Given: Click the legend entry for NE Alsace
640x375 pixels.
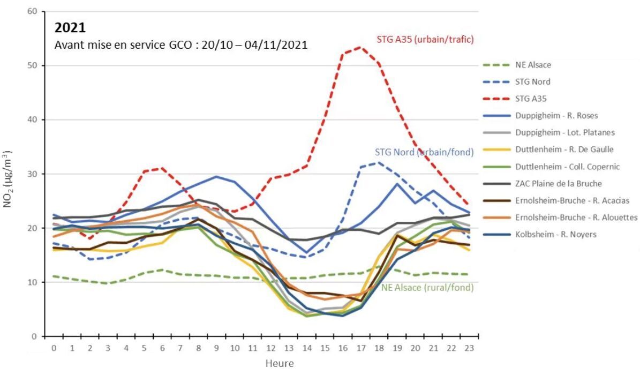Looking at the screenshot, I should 536,65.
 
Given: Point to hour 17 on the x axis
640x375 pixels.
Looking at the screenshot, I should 361,348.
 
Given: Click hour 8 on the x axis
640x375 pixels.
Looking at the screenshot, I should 199,348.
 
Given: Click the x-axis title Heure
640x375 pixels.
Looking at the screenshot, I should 280,363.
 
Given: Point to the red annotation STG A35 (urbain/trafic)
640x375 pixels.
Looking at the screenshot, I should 425,39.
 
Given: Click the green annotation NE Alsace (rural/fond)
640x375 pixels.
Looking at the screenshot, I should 427,288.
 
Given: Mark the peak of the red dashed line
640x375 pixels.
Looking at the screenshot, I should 360,47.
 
